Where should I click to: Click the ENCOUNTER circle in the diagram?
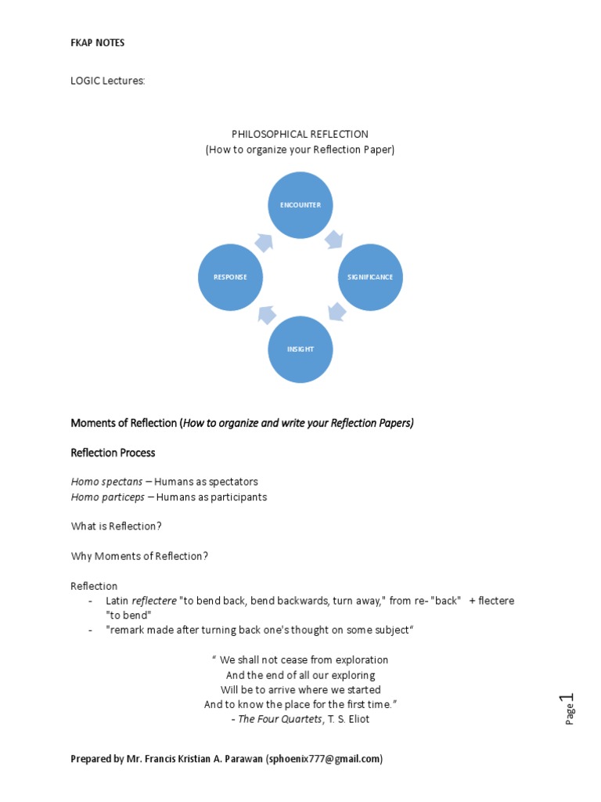(300, 205)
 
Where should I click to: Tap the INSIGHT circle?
(300, 349)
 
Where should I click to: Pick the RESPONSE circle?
(230, 277)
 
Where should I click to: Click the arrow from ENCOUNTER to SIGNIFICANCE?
(335, 239)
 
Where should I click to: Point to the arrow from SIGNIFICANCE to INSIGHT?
(337, 312)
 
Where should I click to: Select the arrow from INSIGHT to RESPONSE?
(266, 314)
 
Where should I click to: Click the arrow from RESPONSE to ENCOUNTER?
(264, 242)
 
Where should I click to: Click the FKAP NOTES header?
(98, 43)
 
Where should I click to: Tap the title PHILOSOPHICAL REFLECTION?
(300, 134)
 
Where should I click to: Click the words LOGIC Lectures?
(108, 81)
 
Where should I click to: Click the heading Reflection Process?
(113, 453)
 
